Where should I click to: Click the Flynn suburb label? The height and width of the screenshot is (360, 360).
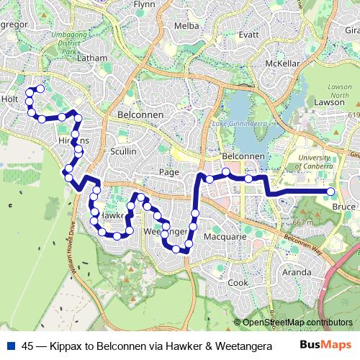pyautogui.click(x=144, y=4)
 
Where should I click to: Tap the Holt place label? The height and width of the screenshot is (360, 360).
pyautogui.click(x=9, y=99)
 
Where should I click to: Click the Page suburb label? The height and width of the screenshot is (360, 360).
pyautogui.click(x=168, y=173)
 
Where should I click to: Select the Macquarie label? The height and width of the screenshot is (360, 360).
pyautogui.click(x=225, y=236)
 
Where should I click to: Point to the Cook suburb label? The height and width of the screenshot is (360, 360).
pyautogui.click(x=238, y=283)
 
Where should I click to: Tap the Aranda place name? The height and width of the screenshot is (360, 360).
pyautogui.click(x=297, y=272)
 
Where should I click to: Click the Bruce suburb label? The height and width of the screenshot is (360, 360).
pyautogui.click(x=345, y=207)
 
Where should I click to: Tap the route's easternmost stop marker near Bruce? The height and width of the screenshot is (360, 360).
pyautogui.click(x=330, y=192)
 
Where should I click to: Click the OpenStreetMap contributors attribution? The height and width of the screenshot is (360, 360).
pyautogui.click(x=297, y=322)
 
